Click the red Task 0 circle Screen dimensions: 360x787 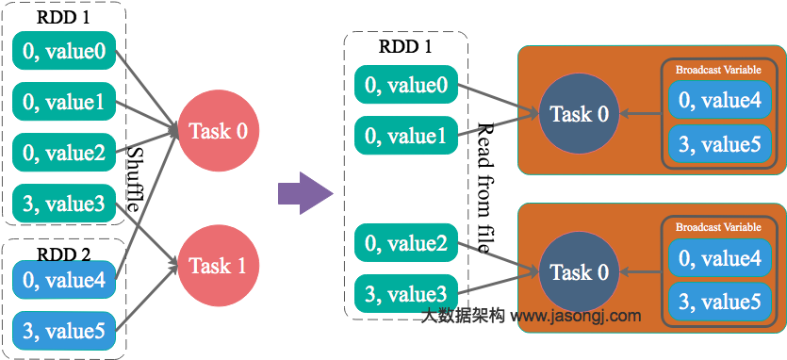[218, 131]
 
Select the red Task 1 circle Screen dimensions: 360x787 [218, 266]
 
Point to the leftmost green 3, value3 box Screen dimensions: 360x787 [64, 203]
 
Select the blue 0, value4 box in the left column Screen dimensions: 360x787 [64, 279]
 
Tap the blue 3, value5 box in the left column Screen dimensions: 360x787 [64, 330]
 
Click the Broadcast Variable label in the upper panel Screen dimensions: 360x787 [718, 70]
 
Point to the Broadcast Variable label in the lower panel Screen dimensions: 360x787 [718, 227]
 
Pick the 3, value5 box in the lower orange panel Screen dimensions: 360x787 [720, 302]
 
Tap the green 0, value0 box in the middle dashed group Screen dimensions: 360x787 [406, 86]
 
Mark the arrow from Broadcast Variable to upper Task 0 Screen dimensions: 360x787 [640, 115]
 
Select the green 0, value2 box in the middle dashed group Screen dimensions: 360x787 [406, 243]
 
